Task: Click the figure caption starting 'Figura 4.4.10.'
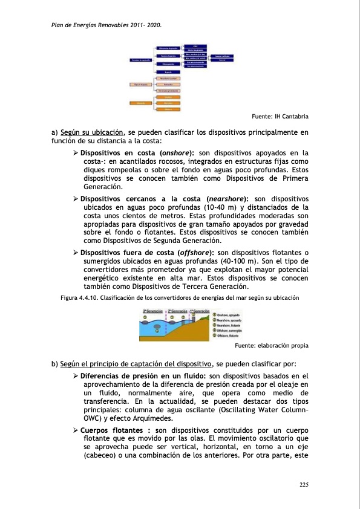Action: pos(180,298)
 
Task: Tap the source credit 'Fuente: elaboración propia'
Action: pos(270,346)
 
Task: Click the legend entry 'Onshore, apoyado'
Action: pos(229,315)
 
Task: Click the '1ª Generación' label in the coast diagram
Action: pos(200,310)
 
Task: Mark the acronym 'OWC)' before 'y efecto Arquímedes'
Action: pos(93,418)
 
